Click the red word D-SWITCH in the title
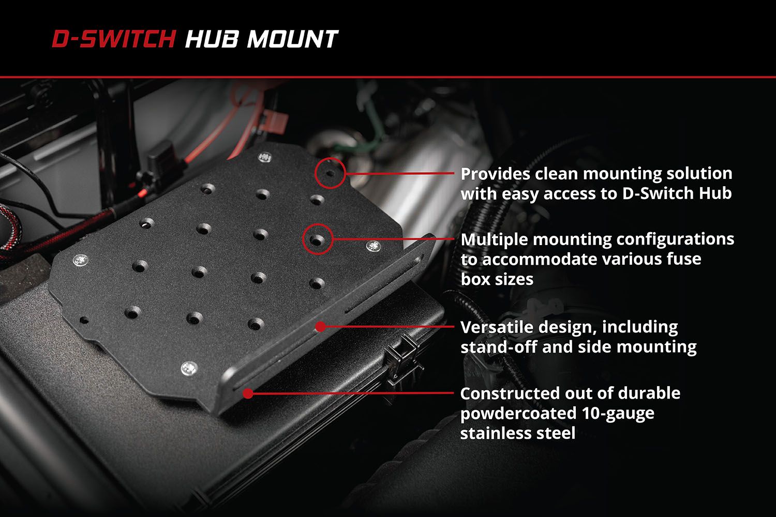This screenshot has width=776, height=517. (x=113, y=40)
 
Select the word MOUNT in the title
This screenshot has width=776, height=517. (x=292, y=40)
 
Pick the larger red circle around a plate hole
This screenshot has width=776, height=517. (x=317, y=239)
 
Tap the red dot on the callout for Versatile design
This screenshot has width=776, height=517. (x=320, y=326)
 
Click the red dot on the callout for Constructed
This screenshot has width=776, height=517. (x=248, y=393)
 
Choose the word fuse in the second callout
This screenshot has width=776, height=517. (x=685, y=258)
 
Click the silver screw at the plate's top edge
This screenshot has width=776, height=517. (x=265, y=156)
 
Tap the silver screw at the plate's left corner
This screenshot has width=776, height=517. (x=80, y=261)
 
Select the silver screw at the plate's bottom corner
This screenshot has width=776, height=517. (x=189, y=369)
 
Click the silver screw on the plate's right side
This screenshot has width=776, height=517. (x=374, y=246)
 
